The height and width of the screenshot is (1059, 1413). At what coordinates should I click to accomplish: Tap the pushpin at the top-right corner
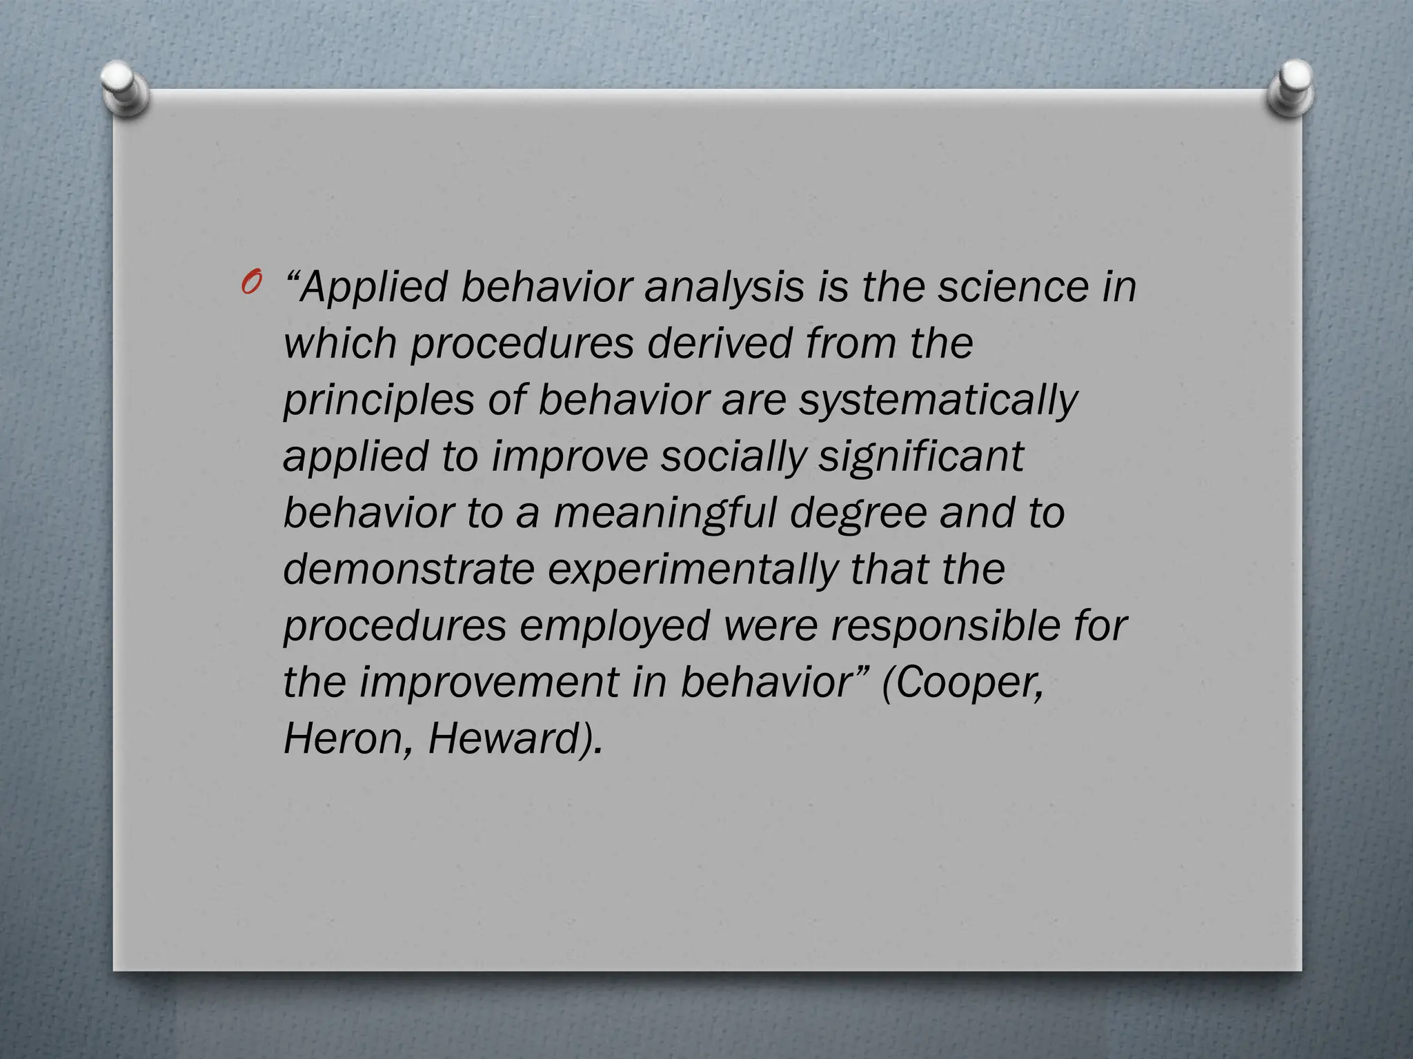tap(1291, 88)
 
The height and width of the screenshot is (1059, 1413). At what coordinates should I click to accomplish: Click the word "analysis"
tap(724, 288)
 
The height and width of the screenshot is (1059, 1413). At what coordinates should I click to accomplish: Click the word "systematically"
tap(938, 401)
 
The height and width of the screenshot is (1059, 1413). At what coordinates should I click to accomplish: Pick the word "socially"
tap(732, 457)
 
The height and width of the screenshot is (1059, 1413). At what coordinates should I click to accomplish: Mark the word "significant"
tap(921, 457)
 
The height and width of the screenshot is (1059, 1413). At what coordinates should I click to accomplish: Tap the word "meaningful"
tap(664, 514)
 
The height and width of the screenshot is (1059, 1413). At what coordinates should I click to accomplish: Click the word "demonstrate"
tap(408, 569)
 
